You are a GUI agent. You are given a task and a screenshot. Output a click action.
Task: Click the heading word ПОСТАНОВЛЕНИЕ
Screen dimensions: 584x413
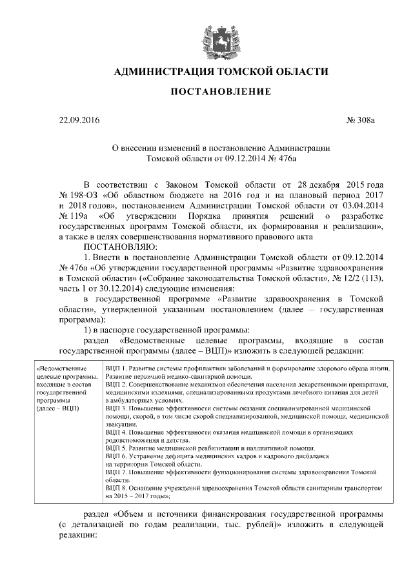tap(220, 92)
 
